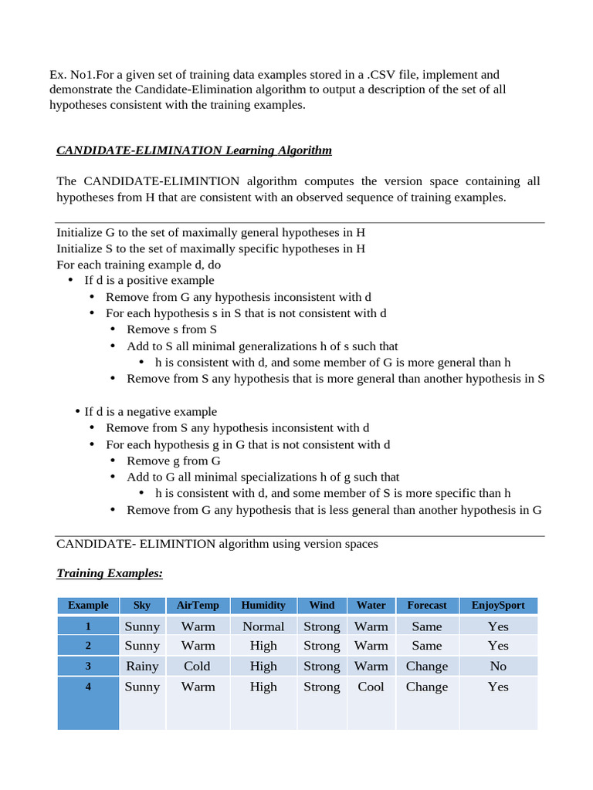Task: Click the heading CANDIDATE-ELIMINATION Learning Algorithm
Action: click(x=194, y=150)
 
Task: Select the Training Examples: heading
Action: click(x=110, y=574)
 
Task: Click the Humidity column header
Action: click(x=263, y=606)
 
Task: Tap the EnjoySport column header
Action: click(x=498, y=606)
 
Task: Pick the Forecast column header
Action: click(x=427, y=606)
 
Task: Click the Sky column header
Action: click(x=142, y=606)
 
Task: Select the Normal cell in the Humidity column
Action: click(x=263, y=626)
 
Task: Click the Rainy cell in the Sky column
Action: click(x=142, y=666)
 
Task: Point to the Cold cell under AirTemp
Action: click(x=198, y=666)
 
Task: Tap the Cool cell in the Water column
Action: click(x=371, y=687)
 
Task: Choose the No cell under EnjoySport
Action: click(x=498, y=666)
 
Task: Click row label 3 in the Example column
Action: click(x=88, y=666)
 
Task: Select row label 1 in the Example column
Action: click(x=88, y=626)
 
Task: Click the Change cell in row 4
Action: click(x=427, y=687)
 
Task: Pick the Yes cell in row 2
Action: click(x=498, y=646)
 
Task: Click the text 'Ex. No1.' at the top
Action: click(x=70, y=75)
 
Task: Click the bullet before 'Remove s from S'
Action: click(x=113, y=329)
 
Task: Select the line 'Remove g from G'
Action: click(x=174, y=461)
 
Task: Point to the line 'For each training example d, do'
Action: click(x=139, y=265)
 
